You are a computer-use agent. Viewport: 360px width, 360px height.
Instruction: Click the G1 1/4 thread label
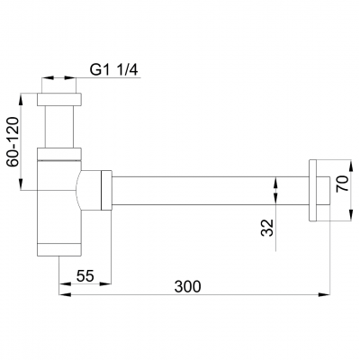pos(113,70)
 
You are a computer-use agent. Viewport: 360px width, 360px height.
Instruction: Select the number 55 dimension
pos(85,275)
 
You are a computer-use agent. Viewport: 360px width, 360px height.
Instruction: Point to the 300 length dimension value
pos(187,286)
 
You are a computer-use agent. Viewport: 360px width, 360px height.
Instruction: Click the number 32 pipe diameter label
pos(267,228)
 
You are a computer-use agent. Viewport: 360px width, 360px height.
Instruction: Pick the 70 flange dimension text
pos(342,184)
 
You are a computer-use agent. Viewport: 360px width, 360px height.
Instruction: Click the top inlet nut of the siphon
pos(59,100)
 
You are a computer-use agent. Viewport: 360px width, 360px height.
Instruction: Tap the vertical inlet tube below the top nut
pos(59,127)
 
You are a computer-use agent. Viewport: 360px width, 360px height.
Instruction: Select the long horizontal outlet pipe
pos(211,191)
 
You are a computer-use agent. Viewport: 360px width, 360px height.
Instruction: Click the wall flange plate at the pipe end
pos(312,191)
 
